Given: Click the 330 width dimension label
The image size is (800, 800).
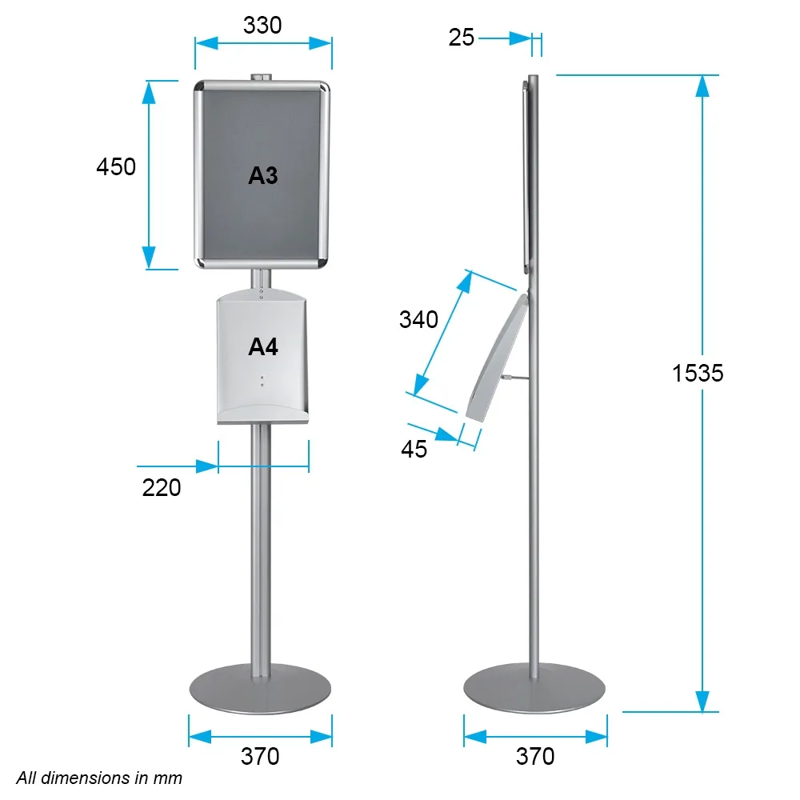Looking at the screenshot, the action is [x=262, y=25].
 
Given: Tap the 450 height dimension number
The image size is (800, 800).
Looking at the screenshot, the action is [x=116, y=167].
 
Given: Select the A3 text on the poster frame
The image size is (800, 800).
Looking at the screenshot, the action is [x=262, y=175].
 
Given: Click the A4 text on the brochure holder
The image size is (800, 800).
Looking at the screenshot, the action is [x=262, y=347].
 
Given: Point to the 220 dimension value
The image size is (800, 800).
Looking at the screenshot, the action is [x=162, y=488].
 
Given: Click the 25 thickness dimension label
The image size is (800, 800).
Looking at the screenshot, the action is [x=462, y=38].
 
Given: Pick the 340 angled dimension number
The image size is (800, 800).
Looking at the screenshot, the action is [x=418, y=319].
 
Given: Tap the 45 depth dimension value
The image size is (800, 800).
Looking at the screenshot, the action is [x=414, y=449].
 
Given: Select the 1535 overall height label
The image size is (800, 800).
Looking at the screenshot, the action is [x=698, y=373].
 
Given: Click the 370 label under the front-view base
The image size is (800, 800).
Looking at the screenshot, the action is [x=260, y=756].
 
